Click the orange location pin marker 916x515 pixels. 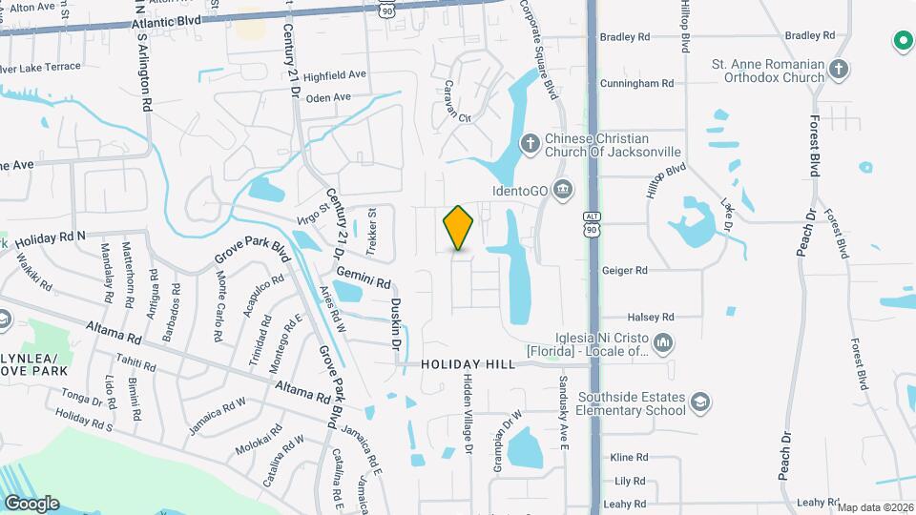coord(459,228)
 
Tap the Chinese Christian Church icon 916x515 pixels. coord(531,143)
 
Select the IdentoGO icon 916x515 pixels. coord(563,189)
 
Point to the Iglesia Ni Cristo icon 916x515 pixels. coord(665,341)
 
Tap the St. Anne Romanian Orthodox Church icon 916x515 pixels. coord(838,69)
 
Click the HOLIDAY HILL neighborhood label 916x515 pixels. coord(468,364)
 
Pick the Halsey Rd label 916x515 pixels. coord(651,317)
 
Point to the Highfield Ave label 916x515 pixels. coord(335,74)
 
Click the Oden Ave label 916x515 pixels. coord(329,97)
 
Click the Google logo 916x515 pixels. coord(31,503)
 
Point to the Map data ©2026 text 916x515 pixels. coord(875,507)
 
